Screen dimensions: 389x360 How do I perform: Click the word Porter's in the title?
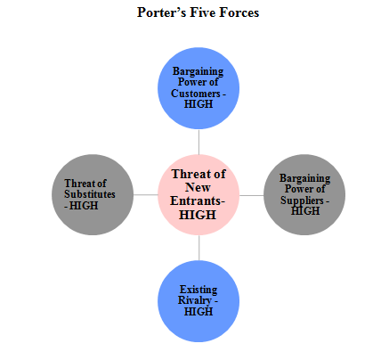click(x=161, y=12)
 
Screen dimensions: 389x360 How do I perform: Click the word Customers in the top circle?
click(x=196, y=94)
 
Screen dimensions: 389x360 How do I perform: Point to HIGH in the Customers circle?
click(x=199, y=104)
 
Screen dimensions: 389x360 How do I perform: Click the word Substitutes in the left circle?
click(x=90, y=194)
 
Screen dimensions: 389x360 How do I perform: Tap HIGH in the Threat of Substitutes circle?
click(x=84, y=206)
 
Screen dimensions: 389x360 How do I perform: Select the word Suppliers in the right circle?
click(x=302, y=200)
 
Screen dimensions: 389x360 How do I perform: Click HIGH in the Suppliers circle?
click(x=305, y=211)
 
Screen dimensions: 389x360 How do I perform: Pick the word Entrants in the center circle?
click(x=196, y=200)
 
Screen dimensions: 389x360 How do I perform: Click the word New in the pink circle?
click(x=198, y=187)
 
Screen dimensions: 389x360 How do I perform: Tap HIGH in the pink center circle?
click(x=198, y=215)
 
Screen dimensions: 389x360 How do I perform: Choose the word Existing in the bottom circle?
click(x=199, y=290)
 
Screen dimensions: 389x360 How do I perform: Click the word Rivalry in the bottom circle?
click(x=195, y=300)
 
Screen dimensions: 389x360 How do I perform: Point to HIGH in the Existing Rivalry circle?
click(x=199, y=312)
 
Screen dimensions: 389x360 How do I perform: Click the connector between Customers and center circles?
click(x=199, y=142)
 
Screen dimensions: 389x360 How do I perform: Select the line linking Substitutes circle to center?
click(x=146, y=195)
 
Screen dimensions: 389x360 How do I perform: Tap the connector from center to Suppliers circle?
click(x=251, y=195)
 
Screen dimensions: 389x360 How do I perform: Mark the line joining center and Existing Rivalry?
click(x=199, y=248)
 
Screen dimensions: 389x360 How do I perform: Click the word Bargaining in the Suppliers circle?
click(x=304, y=178)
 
